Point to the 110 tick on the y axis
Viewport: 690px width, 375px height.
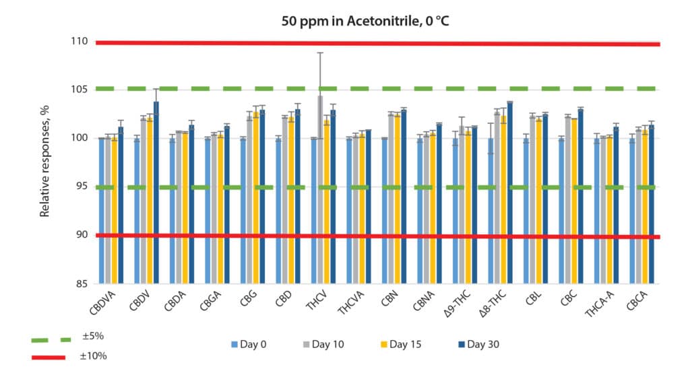[80, 42]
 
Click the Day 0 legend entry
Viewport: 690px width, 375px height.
[249, 345]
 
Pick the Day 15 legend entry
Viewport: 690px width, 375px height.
[399, 345]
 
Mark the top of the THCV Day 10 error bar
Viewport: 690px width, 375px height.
[321, 53]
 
